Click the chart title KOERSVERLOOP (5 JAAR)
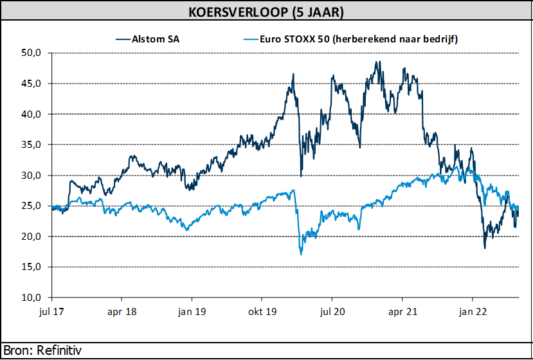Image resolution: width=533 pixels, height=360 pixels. coord(266,12)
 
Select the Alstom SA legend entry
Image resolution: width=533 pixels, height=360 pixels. coord(156,39)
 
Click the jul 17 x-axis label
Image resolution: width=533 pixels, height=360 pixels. coord(51,310)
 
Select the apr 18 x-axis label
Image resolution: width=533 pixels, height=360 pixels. coord(122,310)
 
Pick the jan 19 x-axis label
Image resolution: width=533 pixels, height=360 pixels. coord(192,310)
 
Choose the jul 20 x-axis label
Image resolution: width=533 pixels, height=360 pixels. coord(332,310)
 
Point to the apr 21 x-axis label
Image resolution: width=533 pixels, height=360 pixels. coord(402,310)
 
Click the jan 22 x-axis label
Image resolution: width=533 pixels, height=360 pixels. coord(473,310)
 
